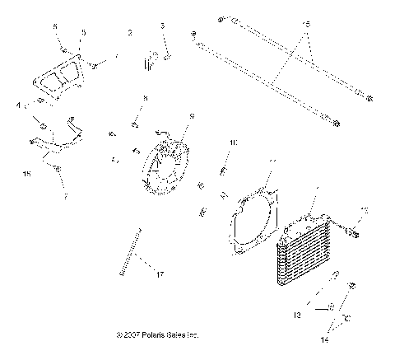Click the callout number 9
click(x=192, y=115)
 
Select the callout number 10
click(x=232, y=143)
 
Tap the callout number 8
click(x=145, y=98)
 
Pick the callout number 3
click(x=163, y=26)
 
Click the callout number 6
click(x=55, y=26)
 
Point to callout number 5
click(x=82, y=33)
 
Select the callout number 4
click(x=18, y=105)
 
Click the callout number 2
click(x=130, y=33)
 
